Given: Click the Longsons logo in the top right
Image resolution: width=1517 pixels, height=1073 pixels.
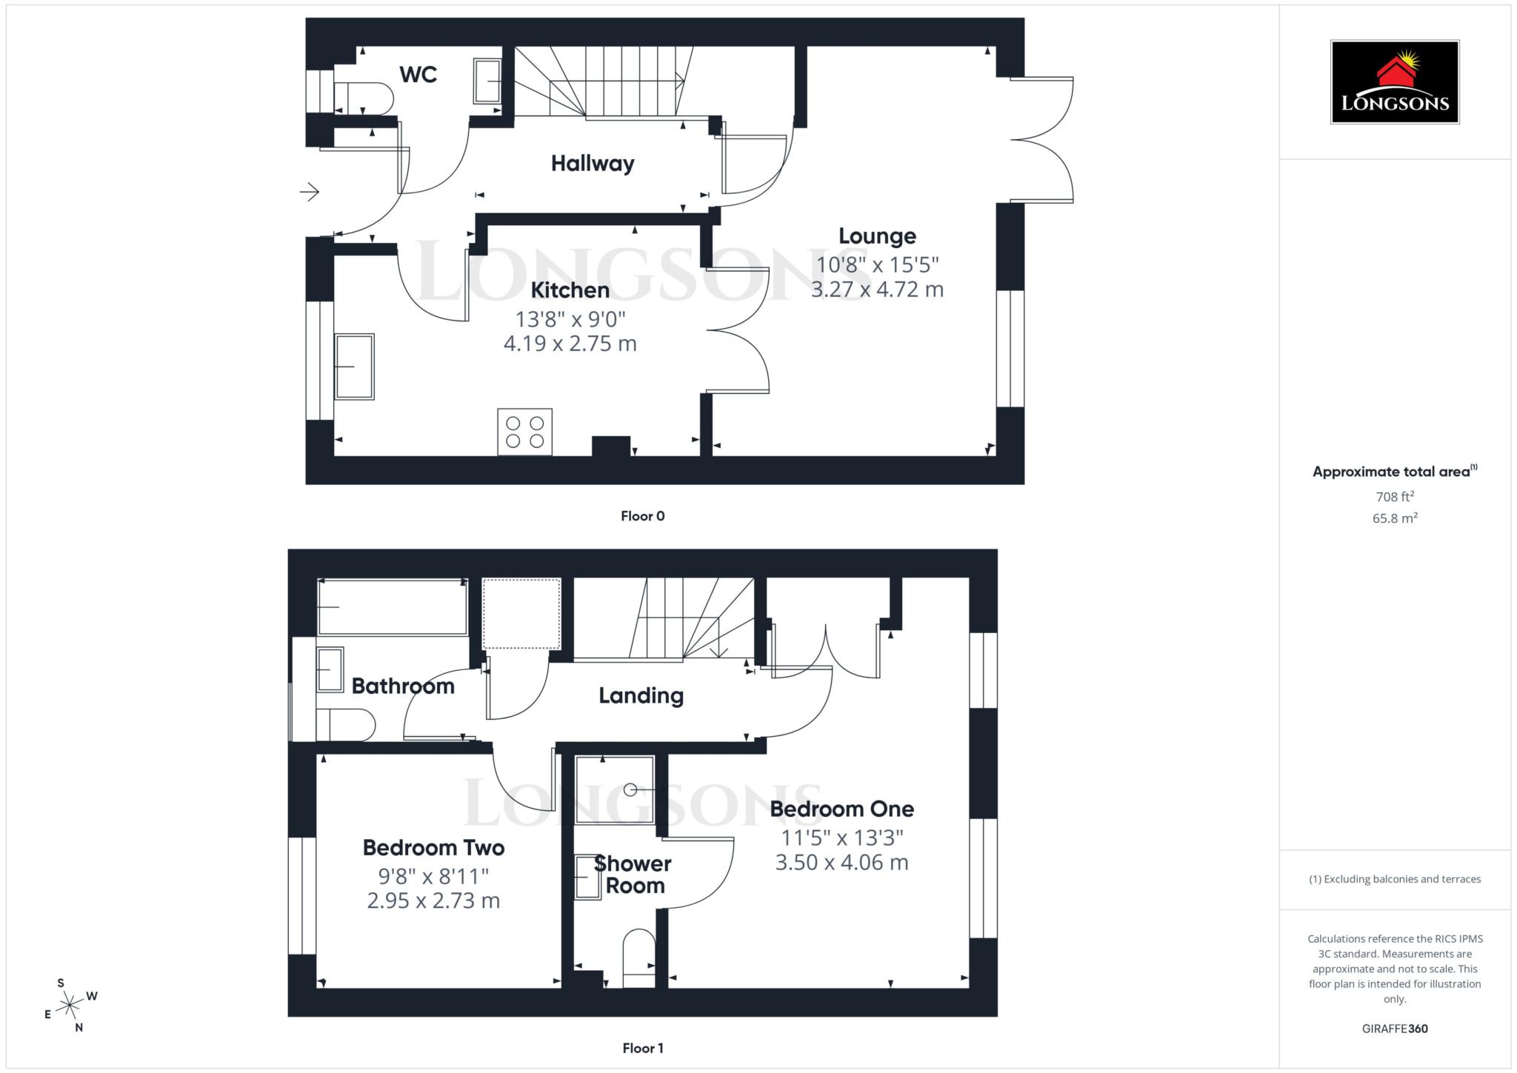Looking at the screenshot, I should [1395, 81].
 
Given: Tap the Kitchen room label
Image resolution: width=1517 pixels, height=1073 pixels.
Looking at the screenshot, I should [570, 290].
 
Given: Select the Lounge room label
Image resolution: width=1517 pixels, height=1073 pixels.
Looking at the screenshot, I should [877, 236].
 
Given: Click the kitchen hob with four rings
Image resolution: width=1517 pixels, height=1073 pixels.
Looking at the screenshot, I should [524, 432].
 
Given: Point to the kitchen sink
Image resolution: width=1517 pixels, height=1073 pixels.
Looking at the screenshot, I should [354, 367].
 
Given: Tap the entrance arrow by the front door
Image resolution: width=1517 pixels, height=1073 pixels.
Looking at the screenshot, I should [310, 193].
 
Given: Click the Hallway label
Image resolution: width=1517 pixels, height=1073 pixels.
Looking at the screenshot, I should [593, 164].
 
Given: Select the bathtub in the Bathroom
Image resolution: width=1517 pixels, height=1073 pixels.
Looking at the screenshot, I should [392, 607].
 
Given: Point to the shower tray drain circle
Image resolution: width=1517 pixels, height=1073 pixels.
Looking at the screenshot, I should [630, 790].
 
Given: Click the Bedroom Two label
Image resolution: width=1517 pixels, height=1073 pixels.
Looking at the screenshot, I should [433, 848].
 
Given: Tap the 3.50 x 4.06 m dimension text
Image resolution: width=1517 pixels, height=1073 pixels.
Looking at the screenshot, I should [841, 863].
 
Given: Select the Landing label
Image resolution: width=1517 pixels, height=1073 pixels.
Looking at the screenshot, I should [641, 695].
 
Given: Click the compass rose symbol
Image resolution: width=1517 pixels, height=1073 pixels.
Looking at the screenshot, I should [70, 1005].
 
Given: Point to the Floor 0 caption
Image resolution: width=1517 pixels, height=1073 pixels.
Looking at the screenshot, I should [642, 516].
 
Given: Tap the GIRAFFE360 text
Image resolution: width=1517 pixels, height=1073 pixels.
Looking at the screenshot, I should [1395, 1029].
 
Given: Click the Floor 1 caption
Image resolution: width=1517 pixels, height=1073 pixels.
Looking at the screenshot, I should [642, 1048].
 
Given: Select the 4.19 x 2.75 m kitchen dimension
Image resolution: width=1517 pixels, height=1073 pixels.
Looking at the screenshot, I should [570, 344].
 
